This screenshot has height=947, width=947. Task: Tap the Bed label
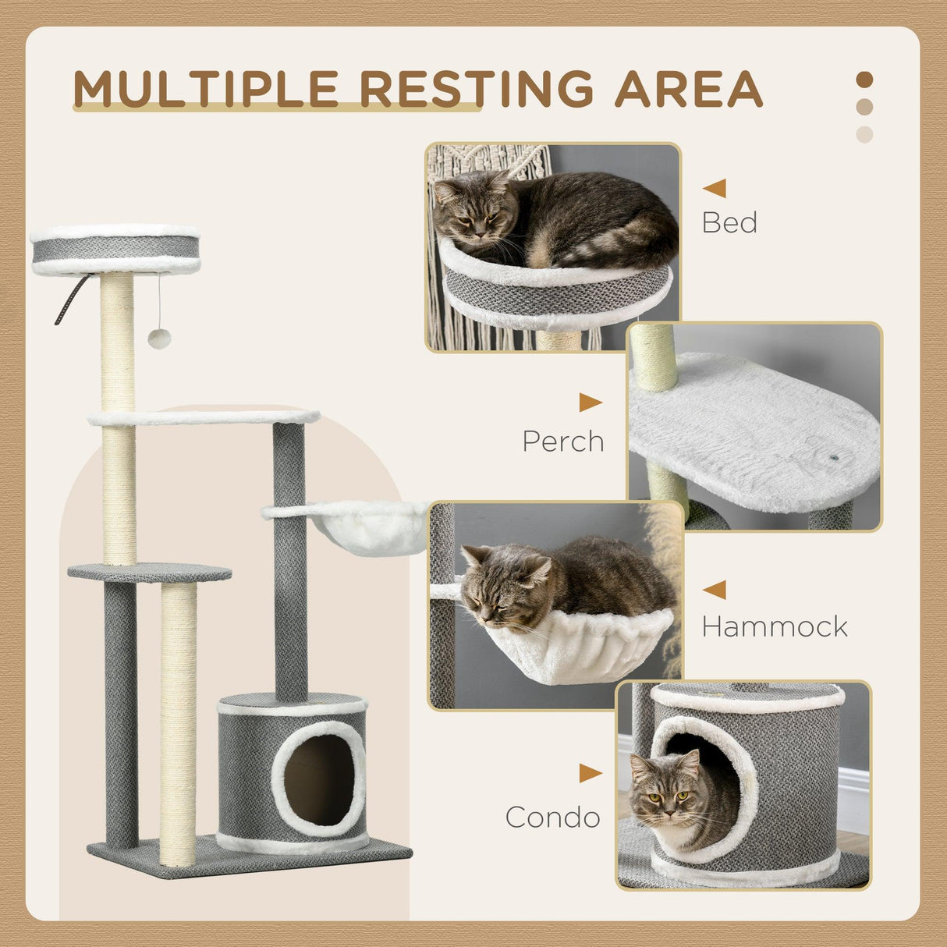click(729, 223)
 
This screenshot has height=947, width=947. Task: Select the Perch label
click(563, 442)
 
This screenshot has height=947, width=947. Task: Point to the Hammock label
click(775, 626)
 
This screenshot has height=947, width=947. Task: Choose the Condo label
click(552, 818)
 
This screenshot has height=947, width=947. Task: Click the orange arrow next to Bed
click(715, 188)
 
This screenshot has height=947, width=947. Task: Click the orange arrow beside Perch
click(590, 403)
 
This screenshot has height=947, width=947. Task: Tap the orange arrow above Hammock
click(715, 590)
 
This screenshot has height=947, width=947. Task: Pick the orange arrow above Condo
click(590, 774)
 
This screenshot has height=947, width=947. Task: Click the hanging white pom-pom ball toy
click(159, 339)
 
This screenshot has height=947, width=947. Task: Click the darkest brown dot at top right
click(864, 80)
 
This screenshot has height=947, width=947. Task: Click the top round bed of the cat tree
click(115, 249)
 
